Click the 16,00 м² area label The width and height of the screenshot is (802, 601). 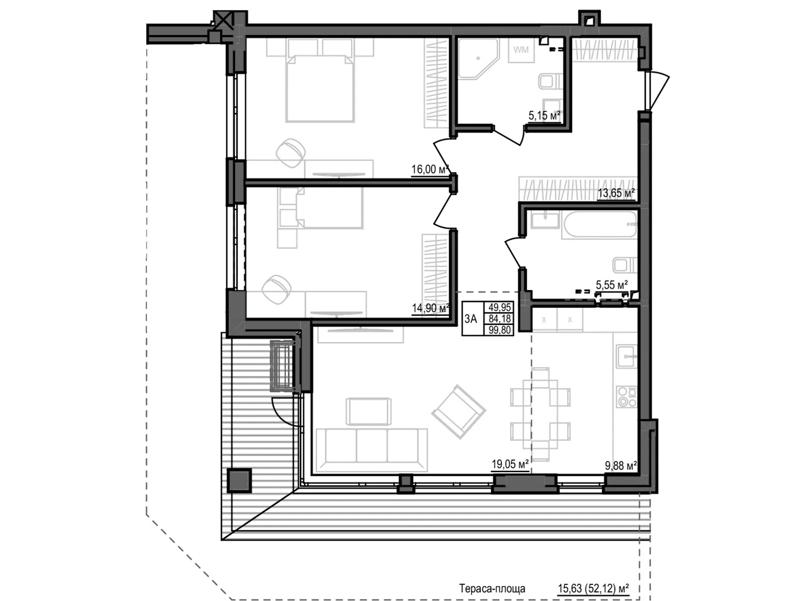(x=430, y=169)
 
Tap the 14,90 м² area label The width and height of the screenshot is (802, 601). (x=430, y=309)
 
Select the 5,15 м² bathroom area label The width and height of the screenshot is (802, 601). (x=544, y=116)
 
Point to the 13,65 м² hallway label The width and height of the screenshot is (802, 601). (x=616, y=193)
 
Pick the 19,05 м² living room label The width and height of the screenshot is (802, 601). (x=510, y=464)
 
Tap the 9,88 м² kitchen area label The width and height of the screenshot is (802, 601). (x=621, y=466)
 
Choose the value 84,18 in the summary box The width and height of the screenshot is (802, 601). (x=499, y=319)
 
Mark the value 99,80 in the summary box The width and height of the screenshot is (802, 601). (x=499, y=330)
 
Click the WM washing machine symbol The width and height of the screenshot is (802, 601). (x=521, y=50)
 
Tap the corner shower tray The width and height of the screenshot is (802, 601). (x=478, y=59)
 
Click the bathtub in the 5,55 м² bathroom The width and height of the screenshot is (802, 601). (x=599, y=225)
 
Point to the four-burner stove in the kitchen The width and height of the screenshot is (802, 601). (x=626, y=397)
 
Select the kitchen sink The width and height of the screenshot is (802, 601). (x=626, y=356)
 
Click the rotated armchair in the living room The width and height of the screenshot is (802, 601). (x=459, y=412)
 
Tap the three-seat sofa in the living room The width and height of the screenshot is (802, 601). (x=371, y=450)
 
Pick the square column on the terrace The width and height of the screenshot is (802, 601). (x=239, y=481)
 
